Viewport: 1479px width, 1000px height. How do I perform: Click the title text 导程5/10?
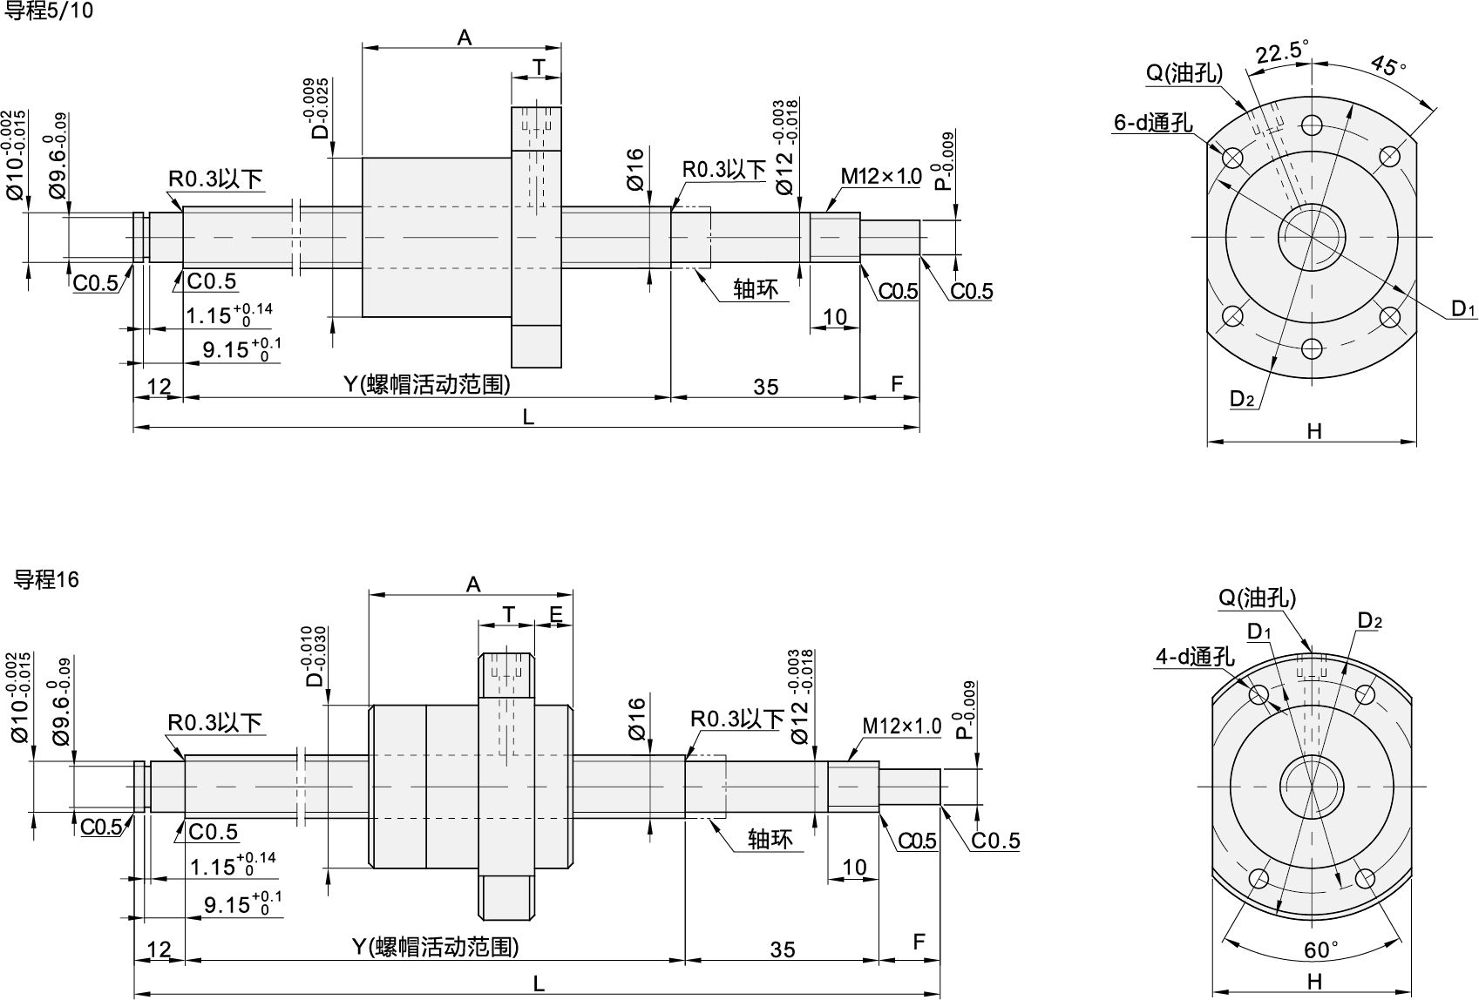(x=49, y=11)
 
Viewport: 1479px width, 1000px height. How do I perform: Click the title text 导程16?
(x=46, y=579)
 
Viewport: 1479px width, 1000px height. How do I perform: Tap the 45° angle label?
(x=1388, y=64)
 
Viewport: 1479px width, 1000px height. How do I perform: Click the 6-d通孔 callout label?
(x=1152, y=122)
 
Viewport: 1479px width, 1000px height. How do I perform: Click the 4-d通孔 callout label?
(x=1195, y=657)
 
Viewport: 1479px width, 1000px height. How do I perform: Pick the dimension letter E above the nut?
(x=555, y=614)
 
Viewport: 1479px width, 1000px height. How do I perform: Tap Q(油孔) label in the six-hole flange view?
(x=1184, y=73)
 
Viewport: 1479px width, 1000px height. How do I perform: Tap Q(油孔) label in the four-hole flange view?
(x=1256, y=598)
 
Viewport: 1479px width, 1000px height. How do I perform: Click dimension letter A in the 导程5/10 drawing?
(x=464, y=37)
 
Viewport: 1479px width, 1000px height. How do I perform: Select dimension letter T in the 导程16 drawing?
(x=508, y=614)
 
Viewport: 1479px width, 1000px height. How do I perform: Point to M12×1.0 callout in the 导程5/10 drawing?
(x=880, y=177)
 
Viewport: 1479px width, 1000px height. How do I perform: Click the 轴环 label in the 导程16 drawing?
(x=770, y=839)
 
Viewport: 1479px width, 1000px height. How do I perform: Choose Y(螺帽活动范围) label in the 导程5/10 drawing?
(x=426, y=384)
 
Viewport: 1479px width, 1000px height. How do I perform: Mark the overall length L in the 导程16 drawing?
(x=539, y=984)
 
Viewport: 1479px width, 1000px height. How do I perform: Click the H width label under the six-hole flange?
(x=1314, y=431)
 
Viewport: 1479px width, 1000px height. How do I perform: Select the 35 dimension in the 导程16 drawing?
(x=782, y=949)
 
